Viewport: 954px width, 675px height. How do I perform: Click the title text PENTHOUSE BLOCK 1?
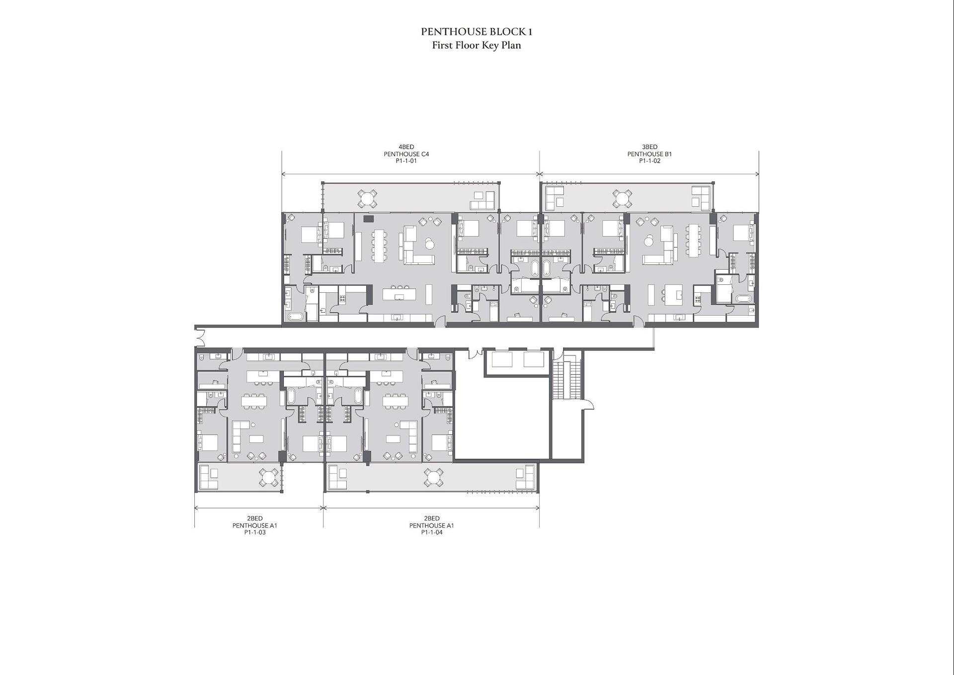pos(477,32)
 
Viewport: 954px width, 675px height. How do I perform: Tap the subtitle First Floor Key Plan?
pos(477,45)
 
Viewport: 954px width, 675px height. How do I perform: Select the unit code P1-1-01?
pos(406,161)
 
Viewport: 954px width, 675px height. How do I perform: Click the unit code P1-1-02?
pos(649,161)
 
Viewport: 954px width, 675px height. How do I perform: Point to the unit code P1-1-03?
pos(255,532)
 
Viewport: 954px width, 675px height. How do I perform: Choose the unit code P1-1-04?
pos(431,532)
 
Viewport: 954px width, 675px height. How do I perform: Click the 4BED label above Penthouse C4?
pos(406,147)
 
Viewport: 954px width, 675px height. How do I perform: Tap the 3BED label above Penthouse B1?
pos(649,147)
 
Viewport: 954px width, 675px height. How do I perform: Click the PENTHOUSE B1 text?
pos(649,154)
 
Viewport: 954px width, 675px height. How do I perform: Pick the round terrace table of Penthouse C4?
pos(367,198)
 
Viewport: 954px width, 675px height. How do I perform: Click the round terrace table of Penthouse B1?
pos(622,198)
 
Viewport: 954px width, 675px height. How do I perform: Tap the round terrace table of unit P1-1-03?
pos(269,478)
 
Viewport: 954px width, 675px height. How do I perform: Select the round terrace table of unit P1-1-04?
pos(433,478)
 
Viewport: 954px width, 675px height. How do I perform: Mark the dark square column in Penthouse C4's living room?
pos(368,219)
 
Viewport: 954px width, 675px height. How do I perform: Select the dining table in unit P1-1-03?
pos(254,401)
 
